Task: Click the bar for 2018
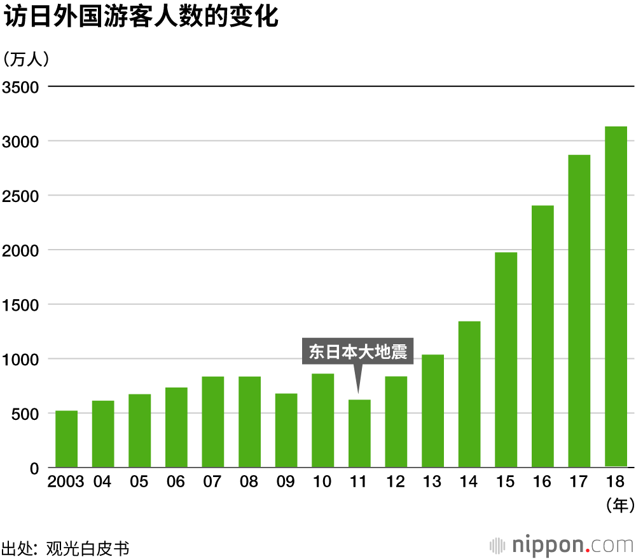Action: click(616, 297)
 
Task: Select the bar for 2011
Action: click(359, 434)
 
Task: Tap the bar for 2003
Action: click(66, 440)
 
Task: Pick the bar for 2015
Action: click(506, 360)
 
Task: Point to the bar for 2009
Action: click(286, 431)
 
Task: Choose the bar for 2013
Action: click(432, 411)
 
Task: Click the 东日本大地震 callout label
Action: click(358, 352)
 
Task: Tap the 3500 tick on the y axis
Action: click(21, 86)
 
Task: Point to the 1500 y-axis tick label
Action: click(21, 305)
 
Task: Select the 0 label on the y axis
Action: click(34, 469)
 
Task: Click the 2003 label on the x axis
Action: click(66, 482)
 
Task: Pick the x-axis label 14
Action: click(469, 482)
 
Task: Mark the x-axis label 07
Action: click(212, 482)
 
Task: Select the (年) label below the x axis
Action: click(616, 506)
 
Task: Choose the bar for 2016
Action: click(543, 337)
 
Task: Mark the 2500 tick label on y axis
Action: click(21, 196)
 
